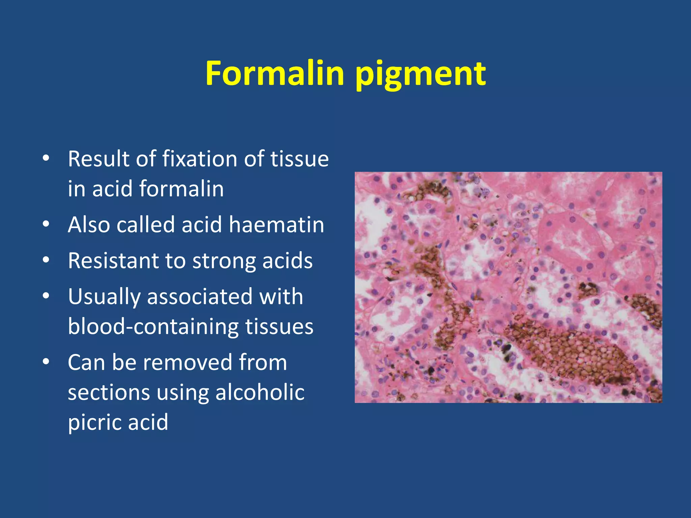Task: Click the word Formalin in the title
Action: pyautogui.click(x=275, y=73)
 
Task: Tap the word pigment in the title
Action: pyautogui.click(x=420, y=75)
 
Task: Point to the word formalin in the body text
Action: pyautogui.click(x=181, y=189)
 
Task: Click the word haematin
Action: pyautogui.click(x=276, y=225)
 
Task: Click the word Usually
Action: pyautogui.click(x=104, y=297)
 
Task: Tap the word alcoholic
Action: pyautogui.click(x=260, y=393)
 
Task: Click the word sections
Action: pyautogui.click(x=109, y=393)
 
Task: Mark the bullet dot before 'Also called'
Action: pyautogui.click(x=46, y=224)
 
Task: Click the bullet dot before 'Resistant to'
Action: pyautogui.click(x=46, y=260)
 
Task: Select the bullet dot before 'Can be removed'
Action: pyautogui.click(x=46, y=362)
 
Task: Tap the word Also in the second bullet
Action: pyautogui.click(x=88, y=225)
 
